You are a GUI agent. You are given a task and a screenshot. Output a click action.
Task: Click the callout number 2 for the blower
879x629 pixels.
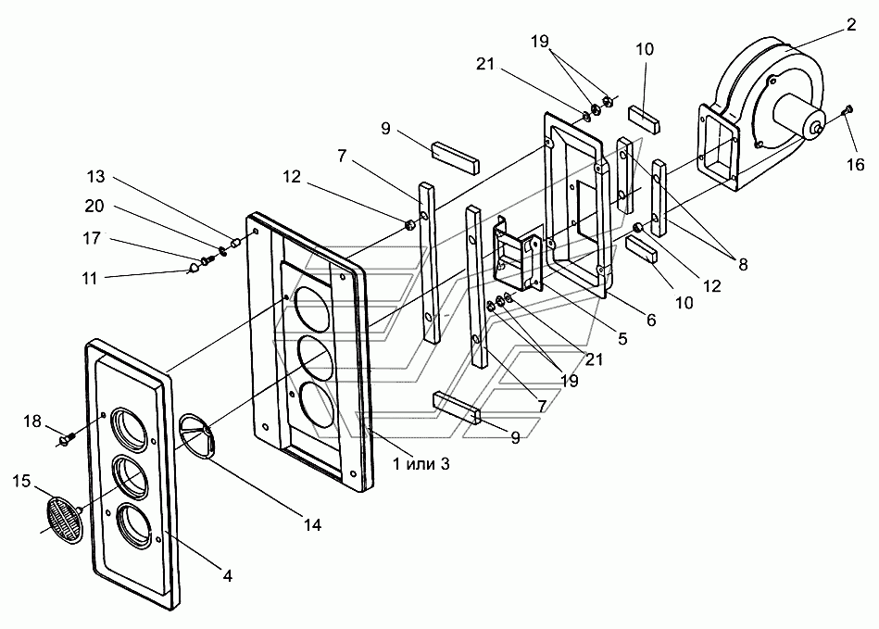[x=851, y=25]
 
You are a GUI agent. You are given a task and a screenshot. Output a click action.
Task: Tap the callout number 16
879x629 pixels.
[x=856, y=164]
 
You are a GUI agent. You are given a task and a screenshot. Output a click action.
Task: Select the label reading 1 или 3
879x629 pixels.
[x=421, y=463]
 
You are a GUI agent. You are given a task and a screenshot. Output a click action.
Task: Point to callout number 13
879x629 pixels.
[x=95, y=177]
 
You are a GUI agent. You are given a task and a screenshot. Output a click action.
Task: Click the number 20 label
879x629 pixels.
[x=94, y=207]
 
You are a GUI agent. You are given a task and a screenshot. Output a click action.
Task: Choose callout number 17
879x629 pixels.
[x=92, y=238]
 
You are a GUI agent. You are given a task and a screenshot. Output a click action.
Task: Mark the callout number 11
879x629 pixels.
[x=90, y=278]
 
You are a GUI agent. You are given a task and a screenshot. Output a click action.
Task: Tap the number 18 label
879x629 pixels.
[x=31, y=421]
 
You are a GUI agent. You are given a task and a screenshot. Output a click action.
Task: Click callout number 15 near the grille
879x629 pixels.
[x=21, y=481]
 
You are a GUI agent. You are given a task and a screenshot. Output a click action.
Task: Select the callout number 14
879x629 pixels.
[x=312, y=524]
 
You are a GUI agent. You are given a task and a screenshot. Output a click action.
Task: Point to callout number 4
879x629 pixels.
[x=227, y=575]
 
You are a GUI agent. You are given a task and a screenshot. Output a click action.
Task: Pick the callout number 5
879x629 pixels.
[x=622, y=339]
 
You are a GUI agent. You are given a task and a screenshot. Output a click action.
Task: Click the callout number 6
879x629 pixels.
[x=651, y=320]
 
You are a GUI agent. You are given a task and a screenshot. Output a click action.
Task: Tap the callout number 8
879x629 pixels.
[x=743, y=264]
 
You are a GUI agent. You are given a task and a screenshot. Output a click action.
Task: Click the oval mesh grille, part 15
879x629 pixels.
[x=63, y=519]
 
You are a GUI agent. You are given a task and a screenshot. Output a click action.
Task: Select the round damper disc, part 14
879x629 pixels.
[x=198, y=436]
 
